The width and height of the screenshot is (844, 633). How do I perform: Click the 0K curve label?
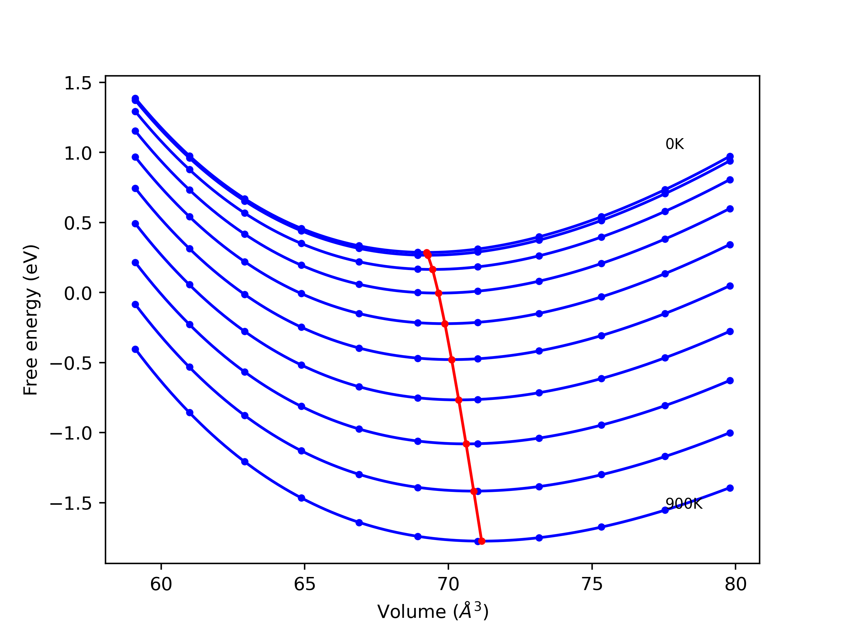(675, 144)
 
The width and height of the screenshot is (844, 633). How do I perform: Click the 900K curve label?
(683, 504)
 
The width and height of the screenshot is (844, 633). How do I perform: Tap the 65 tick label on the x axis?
(305, 585)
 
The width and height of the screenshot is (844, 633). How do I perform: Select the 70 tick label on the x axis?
(448, 585)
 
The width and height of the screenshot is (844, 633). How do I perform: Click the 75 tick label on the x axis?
(592, 585)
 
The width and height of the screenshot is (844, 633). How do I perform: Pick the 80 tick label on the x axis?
(736, 585)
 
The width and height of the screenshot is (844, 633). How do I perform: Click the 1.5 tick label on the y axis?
(78, 83)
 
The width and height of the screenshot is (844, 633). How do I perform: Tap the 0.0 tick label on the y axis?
(78, 293)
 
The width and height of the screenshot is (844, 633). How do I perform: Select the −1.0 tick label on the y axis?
(71, 434)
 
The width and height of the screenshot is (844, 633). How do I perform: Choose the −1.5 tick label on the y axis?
(71, 504)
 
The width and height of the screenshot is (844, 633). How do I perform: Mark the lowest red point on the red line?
(482, 541)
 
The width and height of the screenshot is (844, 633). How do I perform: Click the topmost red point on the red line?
(427, 253)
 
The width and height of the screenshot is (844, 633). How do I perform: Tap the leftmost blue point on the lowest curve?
(136, 349)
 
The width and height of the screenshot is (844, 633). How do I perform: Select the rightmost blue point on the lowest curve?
(730, 488)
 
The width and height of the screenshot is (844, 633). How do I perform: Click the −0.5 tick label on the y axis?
(71, 364)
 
